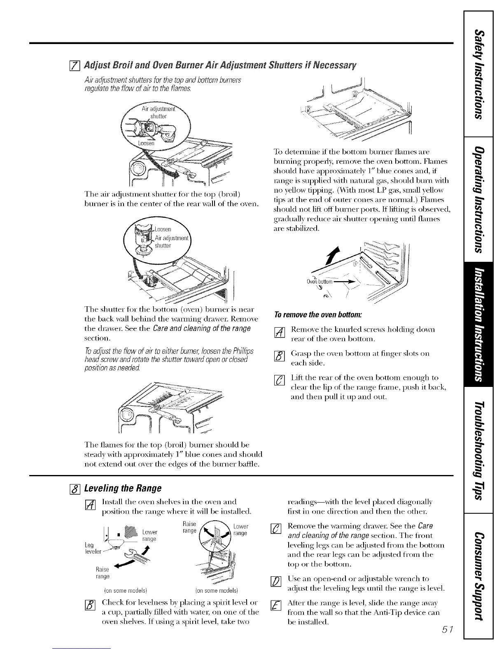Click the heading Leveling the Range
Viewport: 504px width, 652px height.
[122, 488]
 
